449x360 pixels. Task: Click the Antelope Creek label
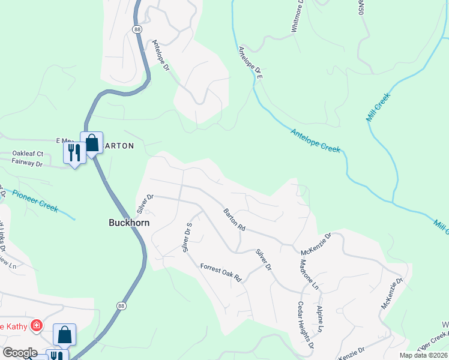tap(316, 140)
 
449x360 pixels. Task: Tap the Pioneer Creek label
tap(35, 201)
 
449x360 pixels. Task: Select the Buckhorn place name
tap(128, 222)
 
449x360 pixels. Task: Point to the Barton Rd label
tap(234, 220)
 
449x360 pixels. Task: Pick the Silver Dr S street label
tap(187, 237)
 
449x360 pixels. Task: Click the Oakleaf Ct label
tap(28, 154)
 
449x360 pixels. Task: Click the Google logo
tap(20, 353)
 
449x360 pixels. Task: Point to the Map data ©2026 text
tap(423, 355)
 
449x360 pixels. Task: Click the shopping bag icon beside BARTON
tap(91, 143)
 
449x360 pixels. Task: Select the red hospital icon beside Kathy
tap(37, 326)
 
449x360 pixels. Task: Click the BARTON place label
tap(118, 146)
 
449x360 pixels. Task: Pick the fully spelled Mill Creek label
tap(378, 107)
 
